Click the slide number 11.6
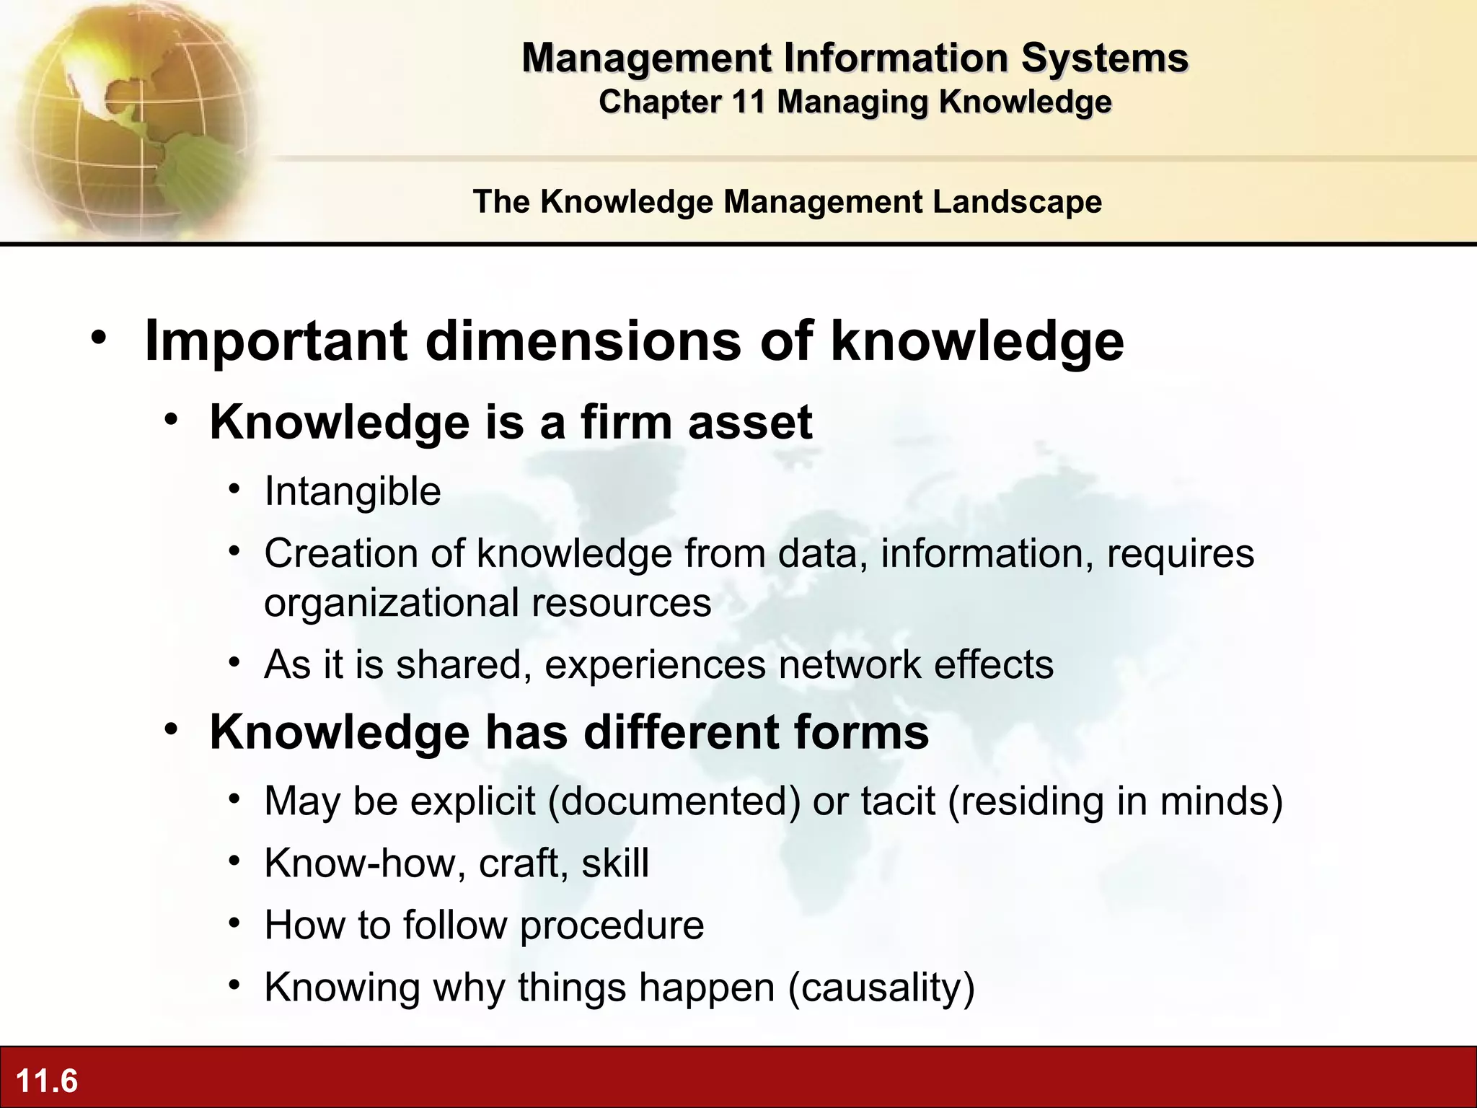coord(46,1081)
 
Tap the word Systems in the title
coord(1104,58)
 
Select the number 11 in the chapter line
coord(748,102)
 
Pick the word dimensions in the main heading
coord(583,340)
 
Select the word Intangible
coord(353,492)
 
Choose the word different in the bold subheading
coord(681,733)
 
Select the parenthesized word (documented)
coord(674,801)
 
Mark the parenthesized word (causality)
coord(881,988)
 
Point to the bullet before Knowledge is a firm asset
coord(171,419)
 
